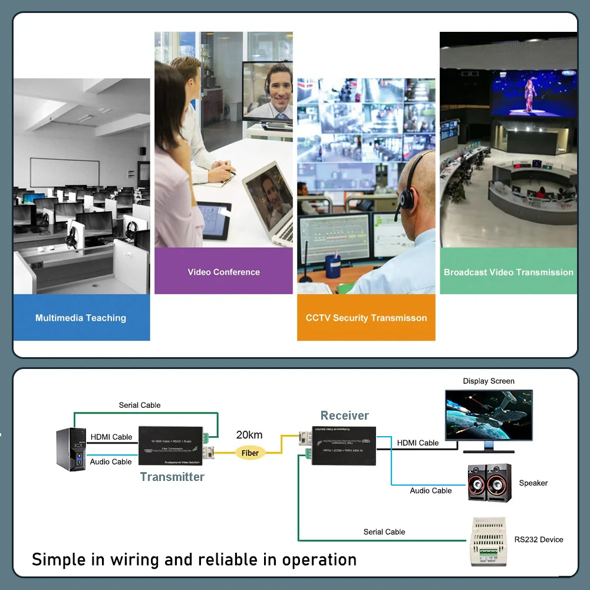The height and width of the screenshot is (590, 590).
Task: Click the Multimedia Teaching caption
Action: coord(81,318)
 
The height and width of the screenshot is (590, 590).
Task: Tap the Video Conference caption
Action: coord(223,272)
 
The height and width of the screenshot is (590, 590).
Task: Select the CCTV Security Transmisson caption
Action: coord(366,318)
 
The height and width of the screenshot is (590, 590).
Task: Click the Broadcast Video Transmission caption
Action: coord(508,272)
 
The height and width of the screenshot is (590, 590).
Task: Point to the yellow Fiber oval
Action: coord(250,453)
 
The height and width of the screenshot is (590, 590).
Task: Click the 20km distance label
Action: coord(249,435)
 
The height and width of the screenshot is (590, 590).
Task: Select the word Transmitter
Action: coord(172,477)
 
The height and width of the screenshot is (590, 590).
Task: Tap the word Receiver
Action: coord(345,416)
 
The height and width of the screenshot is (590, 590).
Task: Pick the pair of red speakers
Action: coord(489,483)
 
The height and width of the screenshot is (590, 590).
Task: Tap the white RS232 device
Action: coord(487,541)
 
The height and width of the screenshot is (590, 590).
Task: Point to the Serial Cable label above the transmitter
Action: coord(140,405)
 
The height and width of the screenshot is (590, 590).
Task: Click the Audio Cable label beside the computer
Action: coord(111,462)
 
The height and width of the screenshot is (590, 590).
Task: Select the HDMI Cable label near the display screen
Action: coord(418,443)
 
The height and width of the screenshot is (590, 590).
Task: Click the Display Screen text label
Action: coord(489,381)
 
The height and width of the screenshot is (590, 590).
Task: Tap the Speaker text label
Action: coord(533,483)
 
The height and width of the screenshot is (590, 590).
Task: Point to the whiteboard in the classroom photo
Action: coord(65,173)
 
